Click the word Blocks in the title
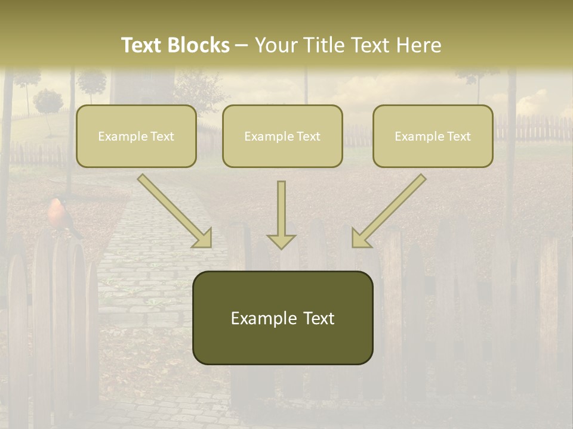click(x=199, y=45)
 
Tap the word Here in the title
click(x=419, y=45)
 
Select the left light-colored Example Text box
click(x=136, y=136)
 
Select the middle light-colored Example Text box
click(x=282, y=136)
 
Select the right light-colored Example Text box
click(x=433, y=136)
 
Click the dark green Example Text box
click(x=282, y=318)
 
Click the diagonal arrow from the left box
click(x=175, y=211)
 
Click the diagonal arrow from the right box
click(x=389, y=211)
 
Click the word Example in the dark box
click(x=264, y=318)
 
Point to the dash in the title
click(x=242, y=46)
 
